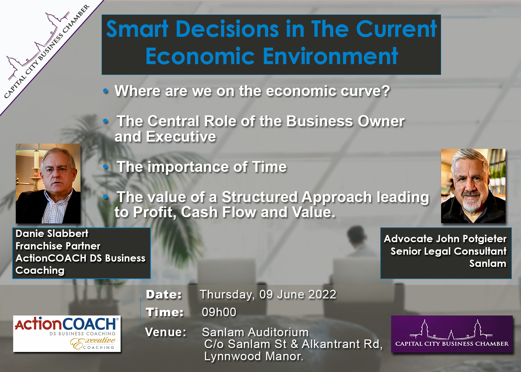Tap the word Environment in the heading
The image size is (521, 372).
tap(330, 56)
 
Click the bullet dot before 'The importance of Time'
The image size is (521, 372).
tap(106, 167)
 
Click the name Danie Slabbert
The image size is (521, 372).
tap(52, 233)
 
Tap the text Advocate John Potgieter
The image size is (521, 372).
tap(445, 239)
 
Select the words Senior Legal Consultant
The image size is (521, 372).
tap(448, 251)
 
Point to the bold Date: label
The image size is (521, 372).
tap(164, 294)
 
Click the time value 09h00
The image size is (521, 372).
tap(219, 312)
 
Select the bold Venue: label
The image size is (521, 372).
tap(166, 332)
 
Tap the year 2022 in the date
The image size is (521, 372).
tap(322, 294)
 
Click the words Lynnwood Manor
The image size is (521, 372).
tap(254, 356)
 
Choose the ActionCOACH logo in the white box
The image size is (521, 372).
tap(67, 334)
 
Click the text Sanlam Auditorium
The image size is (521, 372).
tap(255, 332)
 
